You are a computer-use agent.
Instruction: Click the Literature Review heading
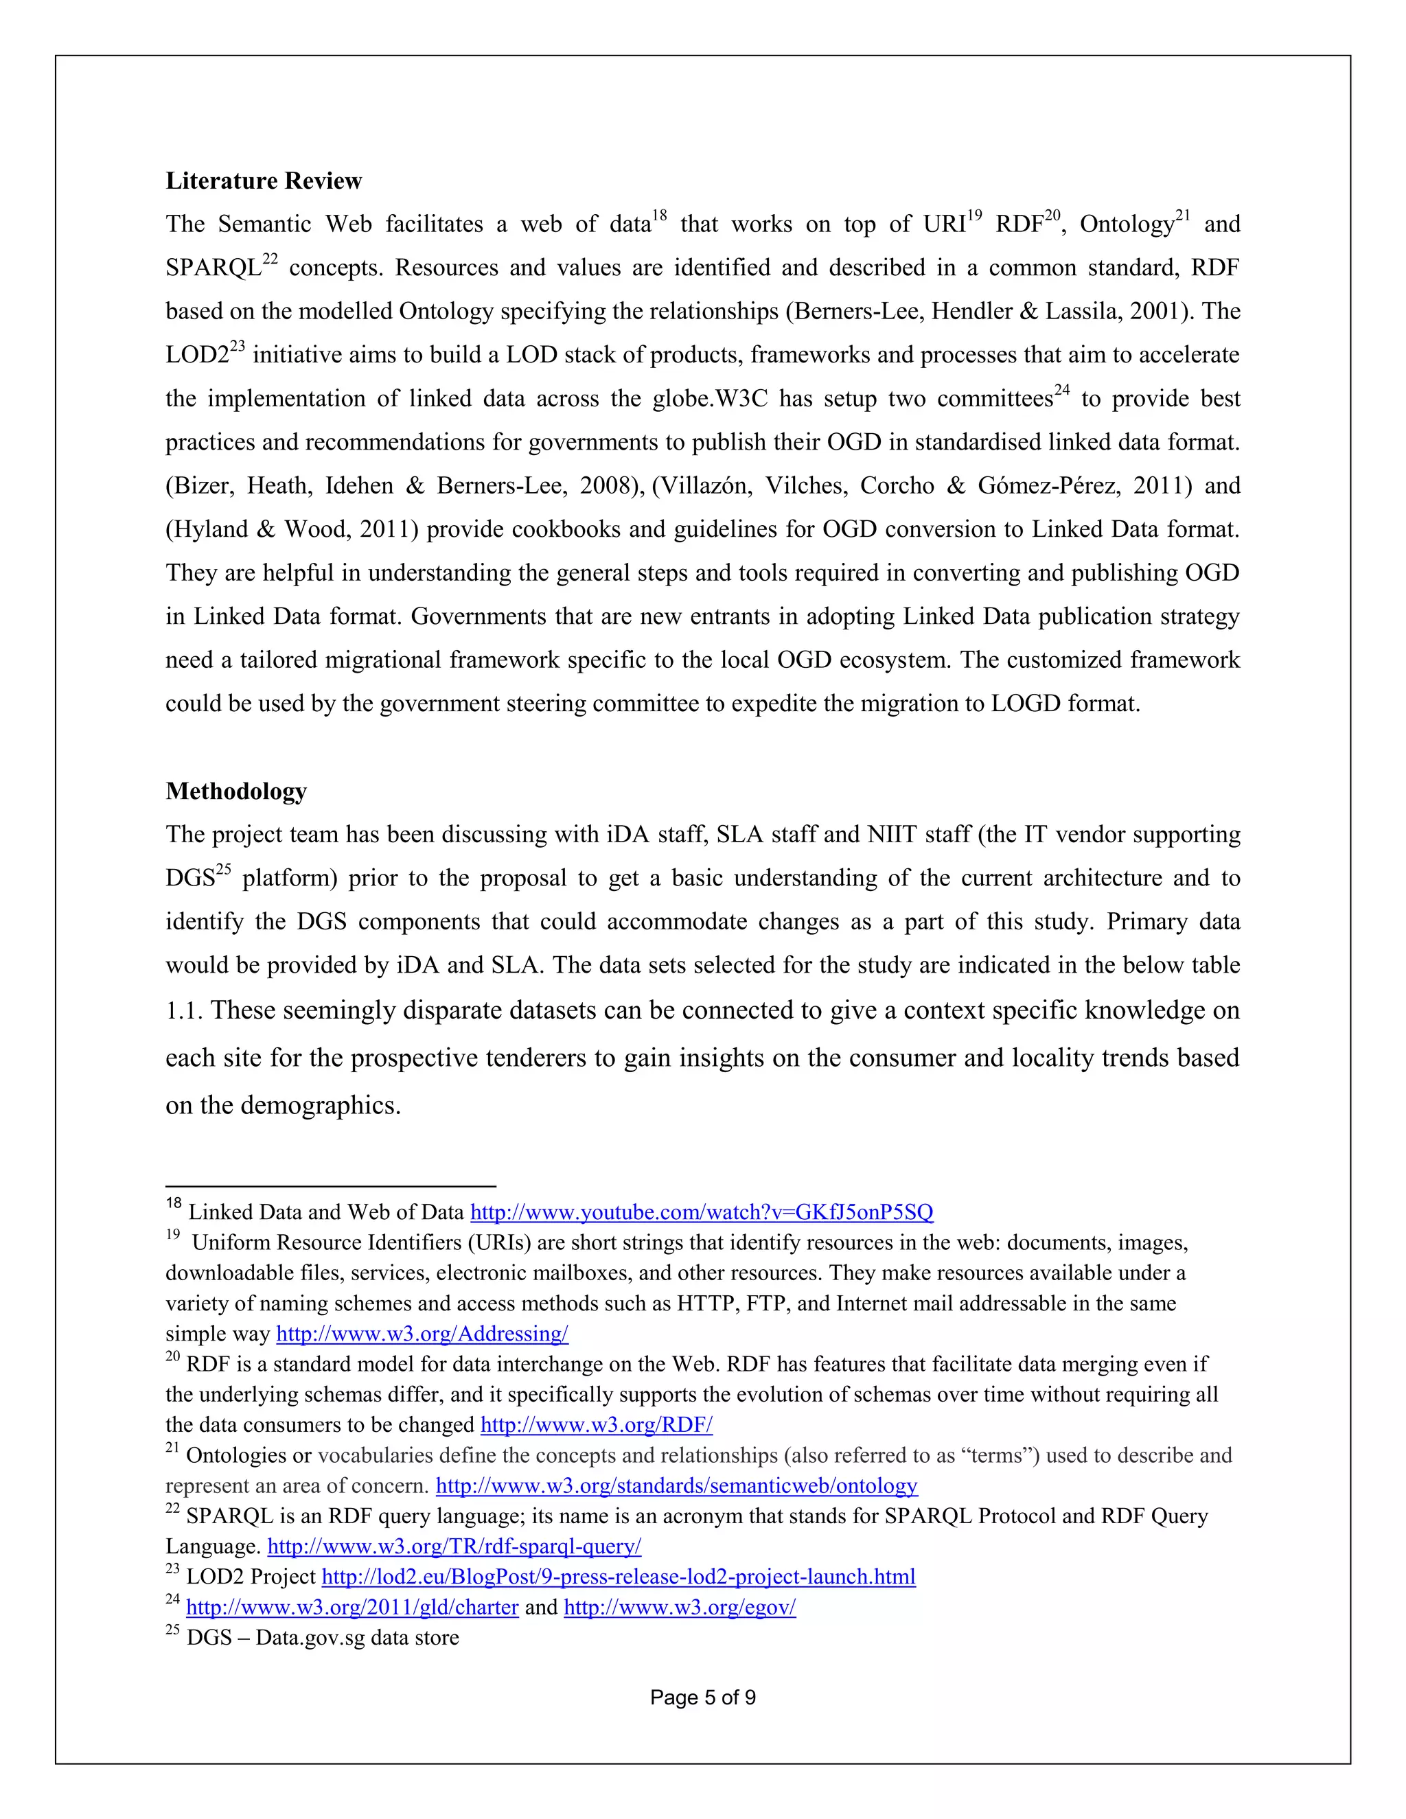click(x=263, y=181)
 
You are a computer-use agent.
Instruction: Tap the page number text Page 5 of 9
click(x=702, y=1698)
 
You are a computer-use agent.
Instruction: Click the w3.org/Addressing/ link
click(x=422, y=1334)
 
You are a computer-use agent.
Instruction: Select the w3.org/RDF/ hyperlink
click(x=597, y=1424)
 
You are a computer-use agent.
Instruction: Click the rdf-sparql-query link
click(x=454, y=1546)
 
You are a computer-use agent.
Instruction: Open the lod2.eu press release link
click(x=618, y=1577)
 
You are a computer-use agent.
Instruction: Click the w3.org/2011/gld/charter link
click(x=351, y=1607)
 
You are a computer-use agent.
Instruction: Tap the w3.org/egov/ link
click(x=680, y=1607)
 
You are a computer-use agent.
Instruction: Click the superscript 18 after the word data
click(x=659, y=216)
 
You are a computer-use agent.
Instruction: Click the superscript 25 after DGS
click(x=223, y=870)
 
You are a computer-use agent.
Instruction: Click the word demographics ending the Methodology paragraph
click(x=320, y=1105)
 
